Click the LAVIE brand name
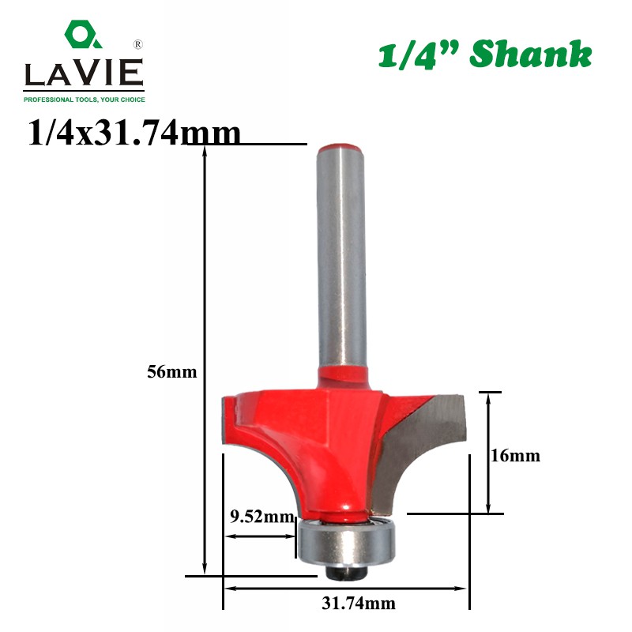pos(84,73)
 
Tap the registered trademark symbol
pos(137,44)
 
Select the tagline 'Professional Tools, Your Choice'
pos(85,100)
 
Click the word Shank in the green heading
pos(530,54)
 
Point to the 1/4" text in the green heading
pos(419,55)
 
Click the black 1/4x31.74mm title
pos(134,132)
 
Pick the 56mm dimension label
pos(172,371)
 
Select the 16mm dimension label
pos(515,456)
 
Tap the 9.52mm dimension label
pos(262,517)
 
